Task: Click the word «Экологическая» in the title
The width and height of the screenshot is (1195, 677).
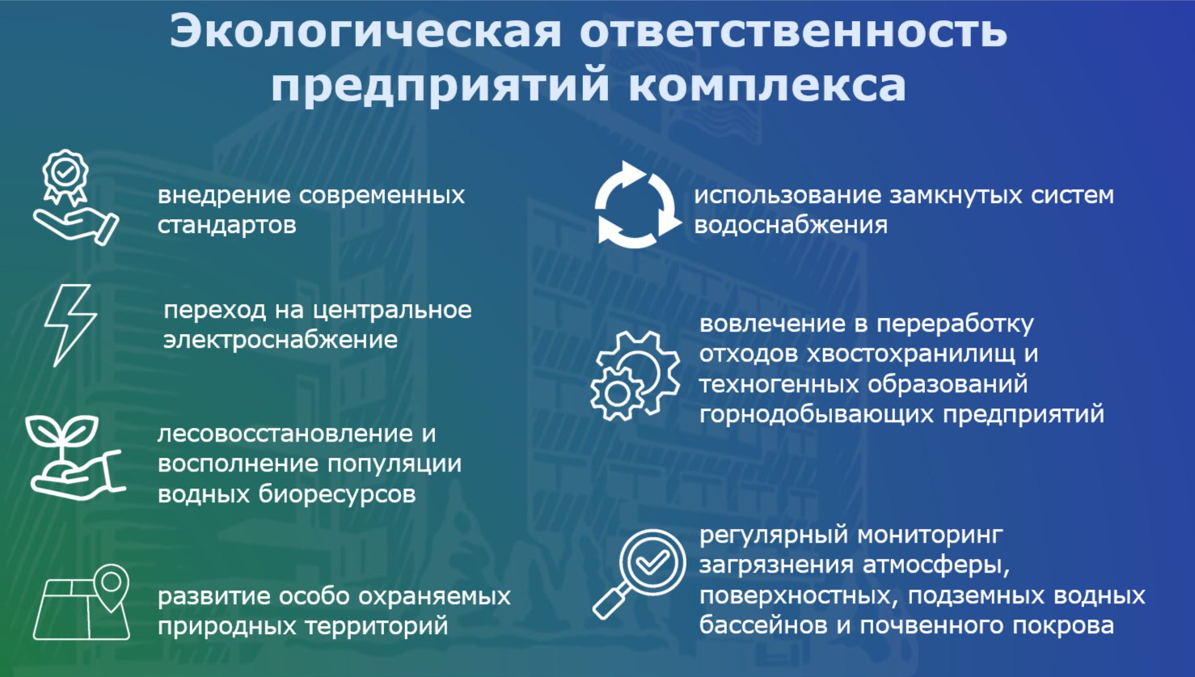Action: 365,32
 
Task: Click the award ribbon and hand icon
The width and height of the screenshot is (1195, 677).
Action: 76,197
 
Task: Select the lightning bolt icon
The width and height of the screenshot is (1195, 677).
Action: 70,325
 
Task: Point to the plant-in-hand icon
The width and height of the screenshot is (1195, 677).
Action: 74,458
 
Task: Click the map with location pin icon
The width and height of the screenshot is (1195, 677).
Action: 82,602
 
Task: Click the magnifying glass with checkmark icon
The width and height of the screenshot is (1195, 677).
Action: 639,574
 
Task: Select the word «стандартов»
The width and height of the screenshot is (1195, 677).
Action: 226,225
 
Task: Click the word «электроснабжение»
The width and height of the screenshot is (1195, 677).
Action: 281,340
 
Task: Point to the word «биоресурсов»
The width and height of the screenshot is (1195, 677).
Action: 337,494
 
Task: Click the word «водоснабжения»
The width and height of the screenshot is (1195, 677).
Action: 791,225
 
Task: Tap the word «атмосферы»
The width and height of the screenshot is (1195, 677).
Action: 935,565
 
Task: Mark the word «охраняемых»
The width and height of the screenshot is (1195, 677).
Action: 434,596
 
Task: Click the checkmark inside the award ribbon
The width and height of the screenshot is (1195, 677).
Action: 65,171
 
